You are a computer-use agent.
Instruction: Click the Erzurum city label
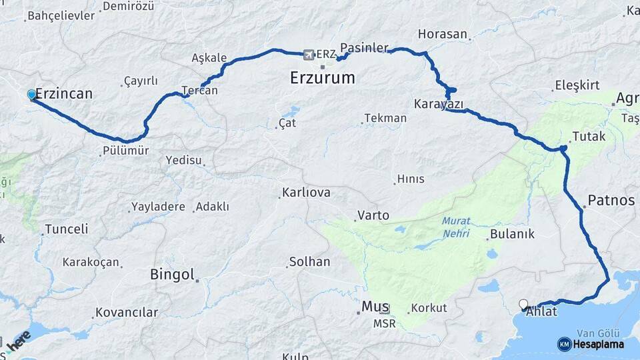[x=322, y=78]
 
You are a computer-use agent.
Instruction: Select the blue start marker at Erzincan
[x=31, y=95]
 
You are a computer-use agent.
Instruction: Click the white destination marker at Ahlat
[x=523, y=304]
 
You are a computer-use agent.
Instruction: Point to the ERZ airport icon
[x=308, y=54]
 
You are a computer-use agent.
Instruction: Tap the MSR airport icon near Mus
[x=385, y=309]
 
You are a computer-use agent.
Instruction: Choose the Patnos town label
[x=611, y=200]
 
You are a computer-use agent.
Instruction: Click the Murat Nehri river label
[x=456, y=227]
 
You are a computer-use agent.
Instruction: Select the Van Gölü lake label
[x=598, y=333]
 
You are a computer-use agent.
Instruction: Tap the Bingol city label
[x=172, y=274]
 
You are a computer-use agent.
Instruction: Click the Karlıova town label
[x=306, y=193]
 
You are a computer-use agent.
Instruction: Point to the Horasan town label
[x=443, y=33]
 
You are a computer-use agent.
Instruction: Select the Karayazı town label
[x=438, y=104]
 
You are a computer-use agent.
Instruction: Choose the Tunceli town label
[x=66, y=229]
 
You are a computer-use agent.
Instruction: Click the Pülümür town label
[x=126, y=151]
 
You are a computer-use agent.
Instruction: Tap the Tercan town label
[x=199, y=90]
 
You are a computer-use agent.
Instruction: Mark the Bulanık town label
[x=512, y=234]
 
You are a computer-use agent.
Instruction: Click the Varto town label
[x=373, y=215]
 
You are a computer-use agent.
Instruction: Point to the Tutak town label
[x=589, y=137]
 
